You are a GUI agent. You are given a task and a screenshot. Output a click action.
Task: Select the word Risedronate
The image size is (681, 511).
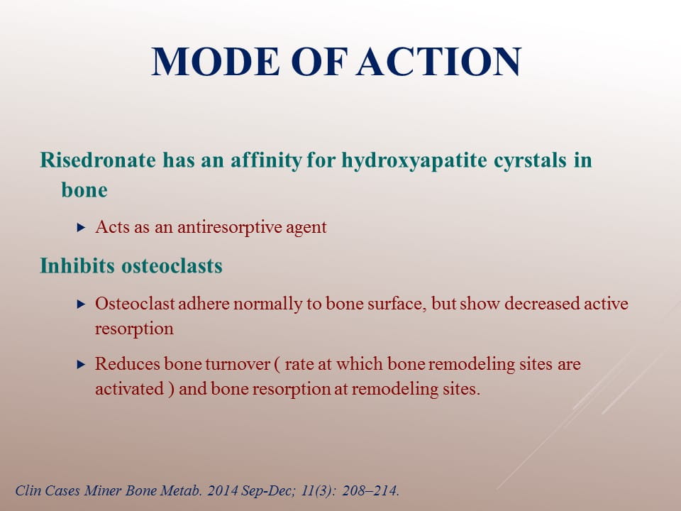tap(98, 160)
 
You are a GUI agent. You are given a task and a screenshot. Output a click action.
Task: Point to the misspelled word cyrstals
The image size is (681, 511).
tap(531, 161)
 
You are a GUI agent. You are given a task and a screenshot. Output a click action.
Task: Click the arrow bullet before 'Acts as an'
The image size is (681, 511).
tap(81, 227)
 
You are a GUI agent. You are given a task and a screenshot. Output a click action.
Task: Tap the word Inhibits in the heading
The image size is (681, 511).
tap(77, 265)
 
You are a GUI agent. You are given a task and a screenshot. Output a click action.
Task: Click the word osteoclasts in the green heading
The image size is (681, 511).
tap(172, 265)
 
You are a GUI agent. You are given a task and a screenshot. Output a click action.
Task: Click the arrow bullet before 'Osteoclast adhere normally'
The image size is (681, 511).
tap(81, 304)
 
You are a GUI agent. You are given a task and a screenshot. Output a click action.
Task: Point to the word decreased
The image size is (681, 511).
tap(542, 303)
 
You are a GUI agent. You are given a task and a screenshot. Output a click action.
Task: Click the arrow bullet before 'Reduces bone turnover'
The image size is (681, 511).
tap(81, 364)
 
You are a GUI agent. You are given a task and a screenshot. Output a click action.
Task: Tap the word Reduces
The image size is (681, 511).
tap(128, 363)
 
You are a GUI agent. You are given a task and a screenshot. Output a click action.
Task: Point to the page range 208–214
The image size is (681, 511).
tap(370, 490)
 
